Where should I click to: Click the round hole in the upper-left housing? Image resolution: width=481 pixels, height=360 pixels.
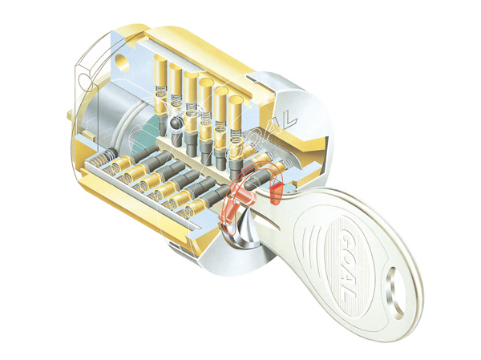[x=122, y=59]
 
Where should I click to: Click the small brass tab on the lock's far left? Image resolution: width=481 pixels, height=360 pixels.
[x=75, y=127]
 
